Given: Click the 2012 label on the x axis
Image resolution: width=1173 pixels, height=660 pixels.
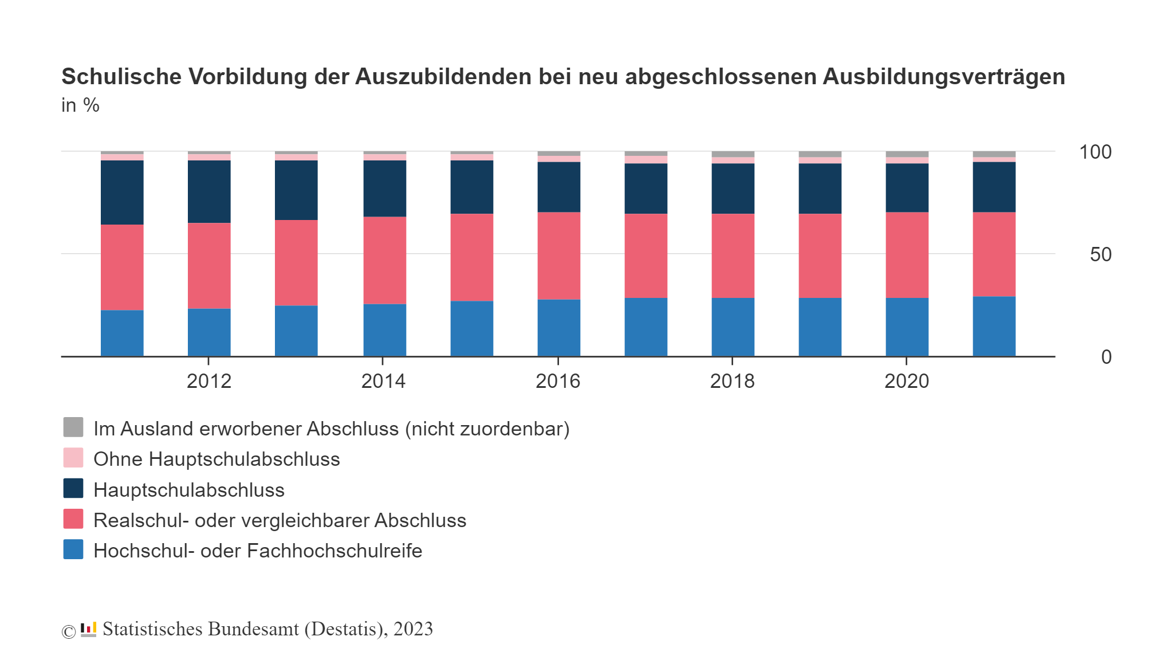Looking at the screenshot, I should click(x=208, y=381).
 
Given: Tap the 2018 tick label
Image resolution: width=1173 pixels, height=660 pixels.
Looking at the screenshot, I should click(x=732, y=381).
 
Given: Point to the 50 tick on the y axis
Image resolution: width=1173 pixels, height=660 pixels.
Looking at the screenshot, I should click(x=1100, y=254).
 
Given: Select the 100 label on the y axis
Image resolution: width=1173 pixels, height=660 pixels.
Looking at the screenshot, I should click(x=1095, y=152).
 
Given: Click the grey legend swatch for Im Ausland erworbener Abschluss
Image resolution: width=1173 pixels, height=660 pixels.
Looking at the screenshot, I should click(x=73, y=427).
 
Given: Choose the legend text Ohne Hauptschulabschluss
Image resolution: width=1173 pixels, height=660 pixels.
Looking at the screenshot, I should click(x=217, y=459).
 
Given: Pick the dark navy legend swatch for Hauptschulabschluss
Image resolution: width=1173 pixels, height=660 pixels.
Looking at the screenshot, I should click(x=73, y=489).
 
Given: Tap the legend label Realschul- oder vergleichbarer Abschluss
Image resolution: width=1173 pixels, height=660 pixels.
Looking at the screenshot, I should click(x=280, y=520).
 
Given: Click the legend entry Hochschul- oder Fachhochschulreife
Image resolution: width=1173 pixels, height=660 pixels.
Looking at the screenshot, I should click(x=258, y=551).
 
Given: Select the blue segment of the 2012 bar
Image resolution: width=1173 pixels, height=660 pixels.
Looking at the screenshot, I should click(x=209, y=332).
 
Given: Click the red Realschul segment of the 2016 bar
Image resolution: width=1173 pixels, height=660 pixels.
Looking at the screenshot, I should click(x=558, y=256).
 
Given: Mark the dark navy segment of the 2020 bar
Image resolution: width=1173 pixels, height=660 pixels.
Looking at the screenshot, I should click(x=907, y=188).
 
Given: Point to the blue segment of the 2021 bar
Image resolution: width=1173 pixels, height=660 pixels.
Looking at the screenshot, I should click(x=994, y=327).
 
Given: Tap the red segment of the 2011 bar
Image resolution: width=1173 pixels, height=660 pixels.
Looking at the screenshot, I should click(x=122, y=267).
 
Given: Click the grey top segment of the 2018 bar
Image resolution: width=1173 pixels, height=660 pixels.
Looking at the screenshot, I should click(x=733, y=154).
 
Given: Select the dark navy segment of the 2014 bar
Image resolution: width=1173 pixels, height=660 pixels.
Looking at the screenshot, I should click(x=384, y=188).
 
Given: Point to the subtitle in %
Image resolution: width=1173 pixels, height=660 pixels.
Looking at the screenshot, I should click(x=80, y=105).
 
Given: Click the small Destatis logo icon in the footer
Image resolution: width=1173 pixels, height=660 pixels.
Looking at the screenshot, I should click(x=88, y=629).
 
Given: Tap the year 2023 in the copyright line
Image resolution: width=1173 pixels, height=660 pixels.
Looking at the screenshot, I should click(x=413, y=629).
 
